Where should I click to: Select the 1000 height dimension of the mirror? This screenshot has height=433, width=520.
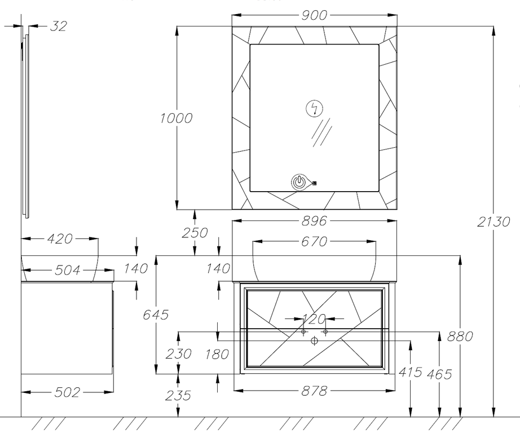[175, 118]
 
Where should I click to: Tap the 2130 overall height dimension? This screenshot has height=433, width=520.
[493, 221]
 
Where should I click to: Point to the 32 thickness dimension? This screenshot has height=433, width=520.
[58, 26]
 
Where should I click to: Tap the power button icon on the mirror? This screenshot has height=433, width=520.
[299, 182]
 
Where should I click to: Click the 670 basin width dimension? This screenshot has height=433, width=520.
[314, 241]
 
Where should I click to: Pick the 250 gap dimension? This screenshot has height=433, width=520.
[195, 232]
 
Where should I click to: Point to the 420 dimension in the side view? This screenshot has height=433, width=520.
[60, 239]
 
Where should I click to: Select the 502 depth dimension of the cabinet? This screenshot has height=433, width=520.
[67, 392]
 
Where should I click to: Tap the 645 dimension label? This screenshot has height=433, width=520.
[156, 315]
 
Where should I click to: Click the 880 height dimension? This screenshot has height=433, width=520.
[460, 337]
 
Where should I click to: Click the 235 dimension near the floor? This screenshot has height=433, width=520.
[178, 396]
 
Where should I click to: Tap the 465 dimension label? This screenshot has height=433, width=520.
[439, 373]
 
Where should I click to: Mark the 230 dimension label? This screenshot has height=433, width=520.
[178, 354]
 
